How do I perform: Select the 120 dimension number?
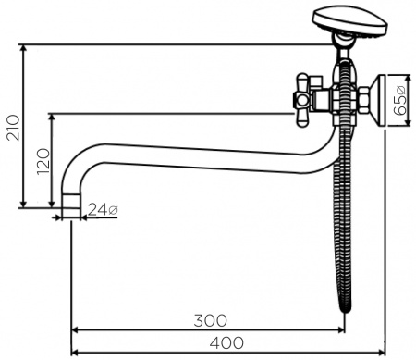41,165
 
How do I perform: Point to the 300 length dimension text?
212,320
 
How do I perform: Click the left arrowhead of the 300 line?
75,330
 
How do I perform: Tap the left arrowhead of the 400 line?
75,353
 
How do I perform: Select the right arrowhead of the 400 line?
380,353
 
